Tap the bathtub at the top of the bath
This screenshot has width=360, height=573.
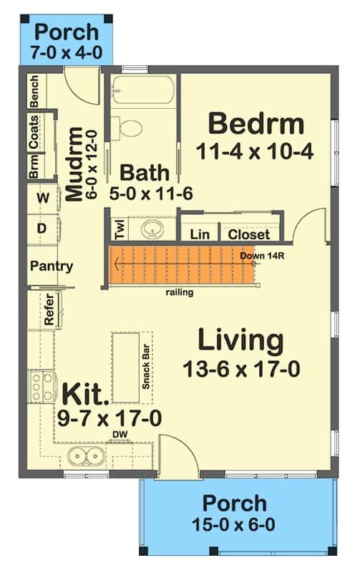142,90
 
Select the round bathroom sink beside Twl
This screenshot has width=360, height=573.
152,228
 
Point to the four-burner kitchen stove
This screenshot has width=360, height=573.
42,387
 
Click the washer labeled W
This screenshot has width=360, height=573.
43,198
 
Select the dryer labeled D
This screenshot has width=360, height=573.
42,228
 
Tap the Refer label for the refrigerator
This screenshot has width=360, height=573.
49,309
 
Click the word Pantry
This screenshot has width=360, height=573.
52,266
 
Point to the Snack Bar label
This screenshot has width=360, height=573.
146,367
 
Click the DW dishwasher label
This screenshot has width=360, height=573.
120,435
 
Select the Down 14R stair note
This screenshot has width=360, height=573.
262,256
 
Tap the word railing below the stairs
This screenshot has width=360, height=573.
180,292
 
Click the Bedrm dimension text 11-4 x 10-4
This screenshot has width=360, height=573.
255,151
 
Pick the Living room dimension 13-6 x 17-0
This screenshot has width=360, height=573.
241,369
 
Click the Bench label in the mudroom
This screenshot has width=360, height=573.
34,92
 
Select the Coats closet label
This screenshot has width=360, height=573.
34,132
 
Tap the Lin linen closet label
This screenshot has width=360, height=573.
200,234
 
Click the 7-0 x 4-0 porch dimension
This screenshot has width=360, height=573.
66,52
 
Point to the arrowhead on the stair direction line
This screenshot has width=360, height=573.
116,264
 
